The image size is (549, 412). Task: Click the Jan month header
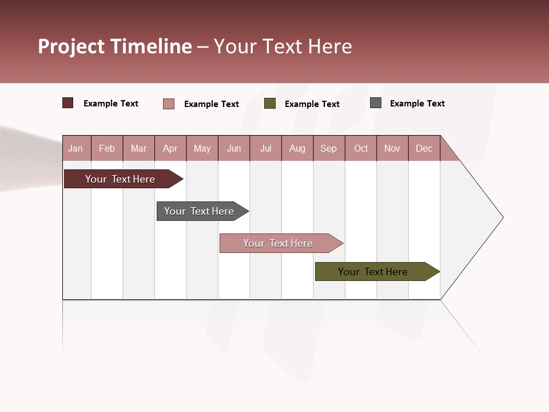pyautogui.click(x=75, y=148)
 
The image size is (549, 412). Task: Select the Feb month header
pyautogui.click(x=107, y=148)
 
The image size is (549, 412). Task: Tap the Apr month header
pyautogui.click(x=170, y=148)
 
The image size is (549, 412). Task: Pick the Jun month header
pyautogui.click(x=234, y=148)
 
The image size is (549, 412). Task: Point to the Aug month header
pyautogui.click(x=297, y=148)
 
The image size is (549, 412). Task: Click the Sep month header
pyautogui.click(x=328, y=148)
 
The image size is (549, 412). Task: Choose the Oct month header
pyautogui.click(x=361, y=148)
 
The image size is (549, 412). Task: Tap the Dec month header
pyautogui.click(x=424, y=148)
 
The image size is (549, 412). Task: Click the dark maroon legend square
pyautogui.click(x=68, y=103)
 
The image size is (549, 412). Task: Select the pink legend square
pyautogui.click(x=169, y=104)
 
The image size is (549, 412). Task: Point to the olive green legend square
pyautogui.click(x=270, y=104)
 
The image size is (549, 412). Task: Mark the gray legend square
pyautogui.click(x=376, y=103)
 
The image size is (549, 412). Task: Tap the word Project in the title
pyautogui.click(x=71, y=46)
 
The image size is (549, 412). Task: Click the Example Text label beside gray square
pyautogui.click(x=417, y=104)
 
